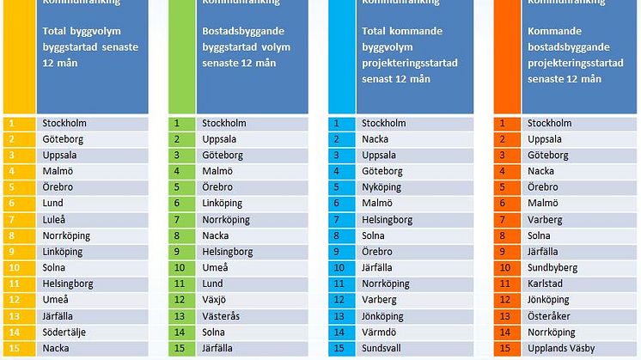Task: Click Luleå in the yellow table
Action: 56,219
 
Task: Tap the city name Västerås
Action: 222,316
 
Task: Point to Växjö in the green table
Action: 216,300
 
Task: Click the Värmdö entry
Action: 379,332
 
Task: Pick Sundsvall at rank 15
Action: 382,348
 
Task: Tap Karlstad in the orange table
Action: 546,284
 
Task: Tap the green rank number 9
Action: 177,252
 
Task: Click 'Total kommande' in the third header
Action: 398,33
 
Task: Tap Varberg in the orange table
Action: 545,219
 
